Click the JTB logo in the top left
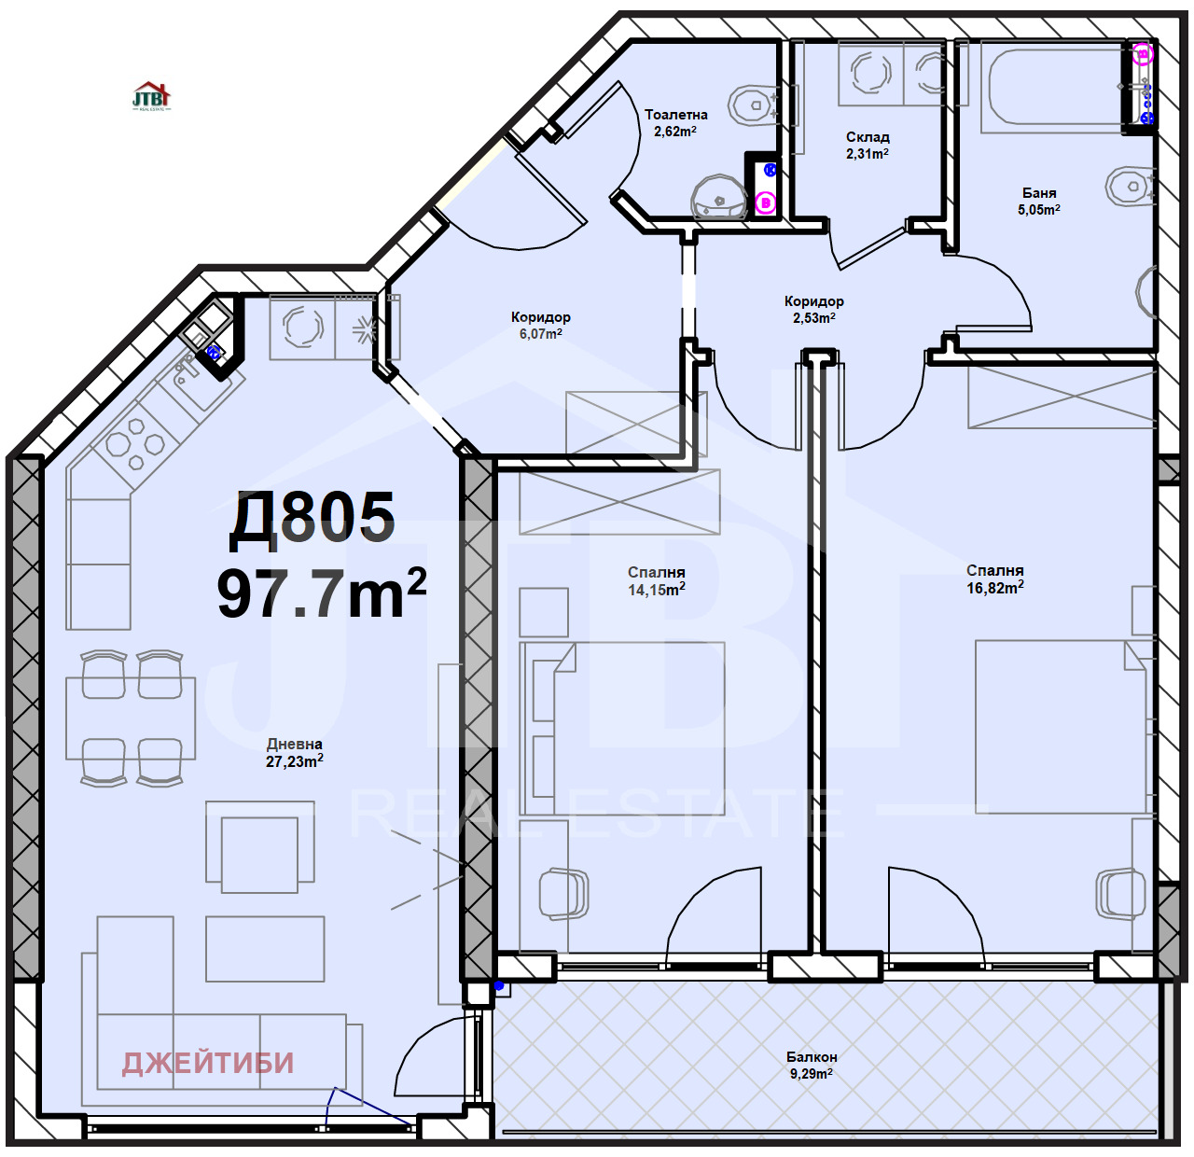pos(151,96)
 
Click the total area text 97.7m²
pos(321,593)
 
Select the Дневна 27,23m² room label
pos(295,753)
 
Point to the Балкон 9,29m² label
pos(812,1065)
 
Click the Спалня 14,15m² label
pos(657,580)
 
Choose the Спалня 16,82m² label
pos(995,578)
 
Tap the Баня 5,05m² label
pos(1039,201)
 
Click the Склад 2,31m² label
pos(868,145)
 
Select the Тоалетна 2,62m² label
pos(676,122)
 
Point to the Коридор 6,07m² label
pos(541,325)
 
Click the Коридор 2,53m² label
pos(814,309)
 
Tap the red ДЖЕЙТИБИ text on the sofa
pos(208,1063)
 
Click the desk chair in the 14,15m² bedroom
pos(563,894)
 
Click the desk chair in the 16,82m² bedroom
pos(1119,894)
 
